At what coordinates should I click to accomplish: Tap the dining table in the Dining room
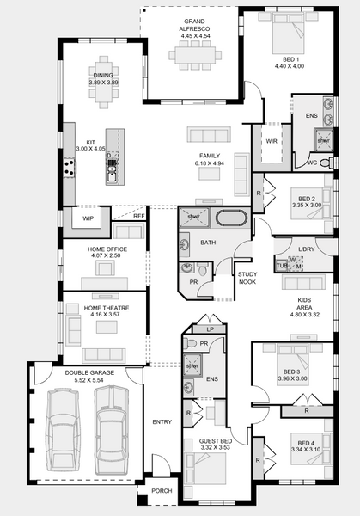pyautogui.click(x=104, y=83)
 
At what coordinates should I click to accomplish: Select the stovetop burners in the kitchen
pyautogui.click(x=69, y=167)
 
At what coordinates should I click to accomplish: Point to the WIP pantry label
pyautogui.click(x=88, y=218)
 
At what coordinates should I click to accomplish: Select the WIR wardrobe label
pyautogui.click(x=272, y=141)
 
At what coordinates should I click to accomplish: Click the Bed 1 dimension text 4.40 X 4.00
pyautogui.click(x=290, y=66)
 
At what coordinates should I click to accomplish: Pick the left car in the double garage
pyautogui.click(x=63, y=432)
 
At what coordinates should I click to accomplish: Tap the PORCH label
pyautogui.click(x=162, y=491)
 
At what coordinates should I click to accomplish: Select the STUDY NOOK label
pyautogui.click(x=247, y=278)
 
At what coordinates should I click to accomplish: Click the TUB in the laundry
pyautogui.click(x=282, y=266)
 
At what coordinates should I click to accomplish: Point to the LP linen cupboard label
pyautogui.click(x=211, y=329)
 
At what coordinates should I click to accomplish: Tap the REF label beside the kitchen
pyautogui.click(x=138, y=216)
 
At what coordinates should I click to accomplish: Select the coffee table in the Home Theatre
pyautogui.click(x=107, y=327)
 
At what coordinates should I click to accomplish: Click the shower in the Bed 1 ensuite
pyautogui.click(x=323, y=140)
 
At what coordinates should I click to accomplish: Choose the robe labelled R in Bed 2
pyautogui.click(x=258, y=193)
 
